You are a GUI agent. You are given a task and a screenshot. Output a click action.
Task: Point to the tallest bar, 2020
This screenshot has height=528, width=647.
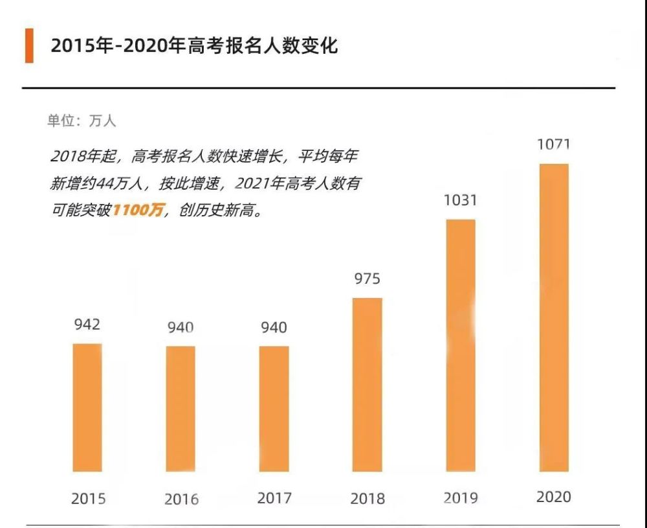click(x=554, y=317)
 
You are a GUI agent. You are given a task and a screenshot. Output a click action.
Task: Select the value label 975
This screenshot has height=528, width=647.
click(x=367, y=279)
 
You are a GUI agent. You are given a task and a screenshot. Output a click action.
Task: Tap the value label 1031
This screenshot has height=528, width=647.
click(x=460, y=201)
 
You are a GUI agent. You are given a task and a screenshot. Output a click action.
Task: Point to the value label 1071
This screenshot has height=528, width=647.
click(x=554, y=144)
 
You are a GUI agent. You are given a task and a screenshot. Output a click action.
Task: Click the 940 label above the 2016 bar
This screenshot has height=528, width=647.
click(x=181, y=328)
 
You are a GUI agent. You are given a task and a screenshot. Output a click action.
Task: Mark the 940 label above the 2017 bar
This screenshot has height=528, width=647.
click(x=274, y=328)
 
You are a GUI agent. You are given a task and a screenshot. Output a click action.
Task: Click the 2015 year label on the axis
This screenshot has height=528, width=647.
click(x=88, y=499)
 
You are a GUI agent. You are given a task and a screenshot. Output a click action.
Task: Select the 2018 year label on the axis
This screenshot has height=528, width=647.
click(x=367, y=499)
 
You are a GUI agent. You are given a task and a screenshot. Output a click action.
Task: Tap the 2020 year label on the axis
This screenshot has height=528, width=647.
click(x=554, y=497)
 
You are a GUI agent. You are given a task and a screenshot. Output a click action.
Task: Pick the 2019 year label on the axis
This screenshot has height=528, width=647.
click(x=461, y=498)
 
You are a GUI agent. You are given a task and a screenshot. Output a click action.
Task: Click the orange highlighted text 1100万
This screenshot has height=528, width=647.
click(x=140, y=211)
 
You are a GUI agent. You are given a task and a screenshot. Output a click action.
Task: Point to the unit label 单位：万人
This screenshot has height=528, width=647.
click(x=82, y=121)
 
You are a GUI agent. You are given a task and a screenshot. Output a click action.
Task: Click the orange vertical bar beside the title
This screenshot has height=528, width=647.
click(x=29, y=45)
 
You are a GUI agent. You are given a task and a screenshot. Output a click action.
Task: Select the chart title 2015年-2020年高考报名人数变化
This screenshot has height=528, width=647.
click(x=194, y=46)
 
